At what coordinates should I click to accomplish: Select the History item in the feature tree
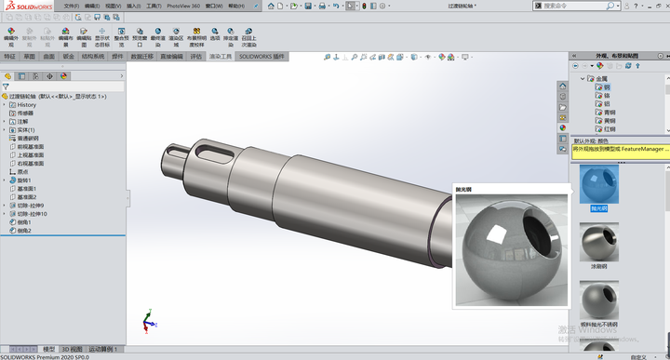[x=27, y=104]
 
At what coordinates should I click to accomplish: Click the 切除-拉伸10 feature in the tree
[x=33, y=214]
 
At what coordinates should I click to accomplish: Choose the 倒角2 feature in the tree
[x=24, y=231]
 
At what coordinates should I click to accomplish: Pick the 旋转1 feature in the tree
[x=25, y=180]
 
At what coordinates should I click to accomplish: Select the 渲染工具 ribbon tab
[x=221, y=56]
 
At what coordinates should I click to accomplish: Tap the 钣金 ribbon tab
[x=68, y=56]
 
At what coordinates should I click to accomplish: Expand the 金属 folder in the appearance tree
[x=583, y=79]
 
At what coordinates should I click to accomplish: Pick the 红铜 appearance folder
[x=610, y=129]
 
